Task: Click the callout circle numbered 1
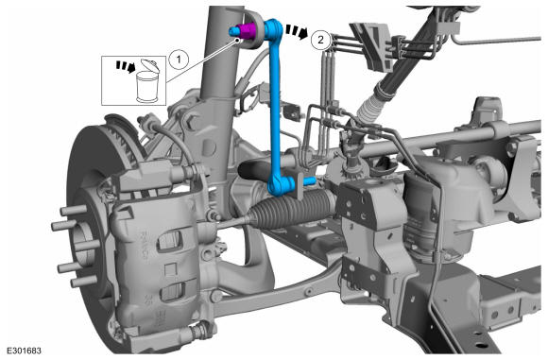(179, 60)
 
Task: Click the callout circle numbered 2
(320, 40)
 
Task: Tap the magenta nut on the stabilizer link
(248, 31)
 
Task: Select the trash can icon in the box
(146, 82)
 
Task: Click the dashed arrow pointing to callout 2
(297, 31)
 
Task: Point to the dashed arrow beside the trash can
(126, 66)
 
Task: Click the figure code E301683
(24, 351)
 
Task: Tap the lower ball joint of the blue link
(280, 183)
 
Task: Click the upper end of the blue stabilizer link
(273, 28)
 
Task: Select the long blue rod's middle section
(274, 105)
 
